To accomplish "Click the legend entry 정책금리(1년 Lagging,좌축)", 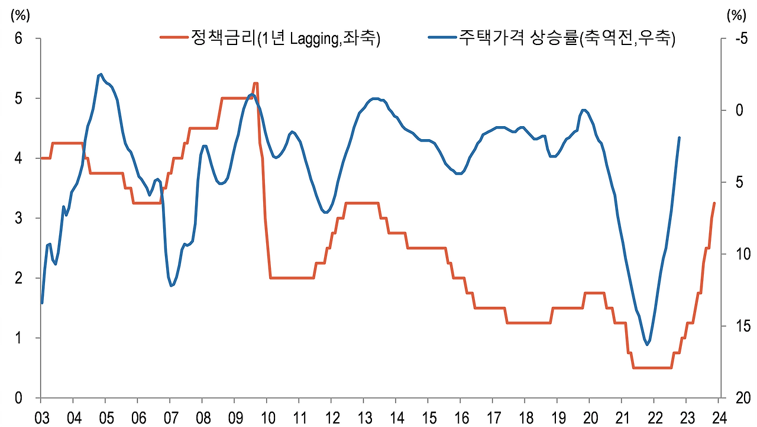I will tap(286, 38).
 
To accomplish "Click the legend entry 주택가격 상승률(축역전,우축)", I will tap(567, 38).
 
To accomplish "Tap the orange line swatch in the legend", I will tap(174, 38).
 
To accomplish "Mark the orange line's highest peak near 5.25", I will tap(255, 84).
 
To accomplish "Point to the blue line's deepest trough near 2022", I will tap(648, 345).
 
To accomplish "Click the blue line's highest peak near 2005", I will tap(101, 74).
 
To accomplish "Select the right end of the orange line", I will tap(714, 203).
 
